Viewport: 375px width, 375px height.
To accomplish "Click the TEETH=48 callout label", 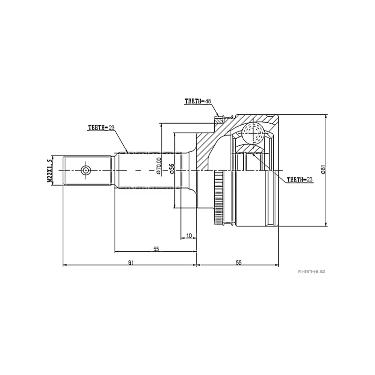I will [198, 101].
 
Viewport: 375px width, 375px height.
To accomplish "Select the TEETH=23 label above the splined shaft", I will [101, 127].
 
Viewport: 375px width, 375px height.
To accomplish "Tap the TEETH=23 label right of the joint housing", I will [299, 179].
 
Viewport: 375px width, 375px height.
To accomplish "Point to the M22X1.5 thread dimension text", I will [49, 170].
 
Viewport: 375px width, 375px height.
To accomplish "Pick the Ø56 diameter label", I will [172, 169].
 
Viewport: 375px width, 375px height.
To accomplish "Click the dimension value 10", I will [188, 235].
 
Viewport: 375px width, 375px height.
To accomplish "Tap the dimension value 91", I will [130, 263].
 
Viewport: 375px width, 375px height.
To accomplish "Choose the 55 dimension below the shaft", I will [156, 249].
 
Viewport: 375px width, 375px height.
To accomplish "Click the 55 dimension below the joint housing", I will [239, 263].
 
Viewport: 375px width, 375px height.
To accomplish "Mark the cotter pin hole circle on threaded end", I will [86, 170].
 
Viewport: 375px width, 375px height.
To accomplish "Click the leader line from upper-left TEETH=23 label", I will [121, 141].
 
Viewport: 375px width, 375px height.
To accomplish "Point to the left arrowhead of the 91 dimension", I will [65, 266].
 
